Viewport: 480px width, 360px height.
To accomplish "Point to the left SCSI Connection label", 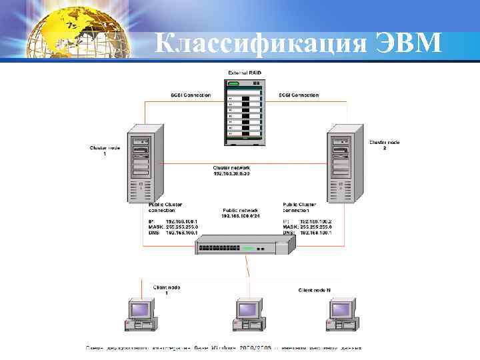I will pos(191,95).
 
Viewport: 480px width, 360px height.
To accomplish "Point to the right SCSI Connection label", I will pos(299,95).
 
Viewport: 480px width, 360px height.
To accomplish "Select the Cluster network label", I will pos(231,170).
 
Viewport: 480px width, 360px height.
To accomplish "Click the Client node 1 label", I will pos(167,289).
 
